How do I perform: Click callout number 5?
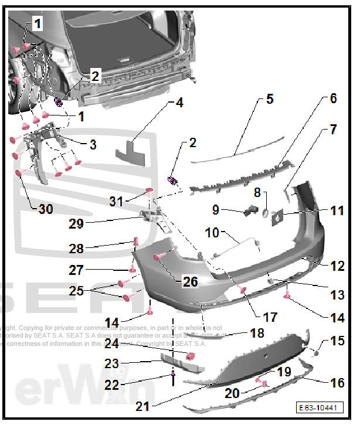pyautogui.click(x=269, y=98)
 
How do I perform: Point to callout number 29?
pyautogui.click(x=126, y=223)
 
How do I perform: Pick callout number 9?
pyautogui.click(x=215, y=209)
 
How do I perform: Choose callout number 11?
pyautogui.click(x=337, y=210)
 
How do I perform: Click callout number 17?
pyautogui.click(x=270, y=317)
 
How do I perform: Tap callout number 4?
pyautogui.click(x=179, y=103)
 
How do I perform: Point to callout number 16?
pyautogui.click(x=337, y=383)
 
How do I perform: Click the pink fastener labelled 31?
pyautogui.click(x=149, y=190)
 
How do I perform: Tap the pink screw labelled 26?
pyautogui.click(x=159, y=257)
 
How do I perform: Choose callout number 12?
pyautogui.click(x=337, y=267)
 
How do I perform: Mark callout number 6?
pyautogui.click(x=332, y=98)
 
